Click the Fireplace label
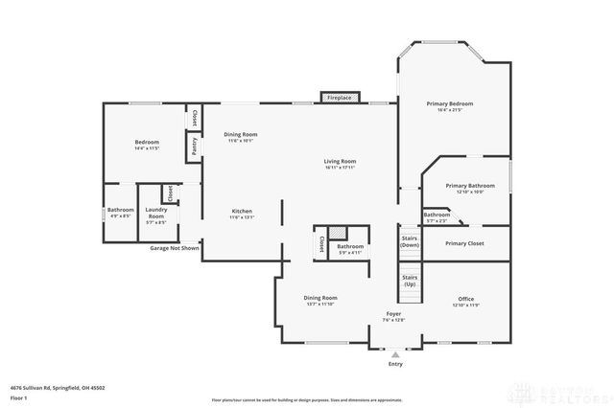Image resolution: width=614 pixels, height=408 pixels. [x=339, y=98]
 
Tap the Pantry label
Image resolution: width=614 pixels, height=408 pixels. [x=195, y=147]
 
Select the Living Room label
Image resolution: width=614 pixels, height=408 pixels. [x=340, y=161]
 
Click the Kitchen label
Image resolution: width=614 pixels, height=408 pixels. [x=241, y=211]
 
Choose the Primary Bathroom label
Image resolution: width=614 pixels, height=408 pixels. [x=470, y=185]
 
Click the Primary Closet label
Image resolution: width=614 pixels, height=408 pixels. [x=465, y=243]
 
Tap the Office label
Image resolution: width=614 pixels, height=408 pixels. [x=465, y=299]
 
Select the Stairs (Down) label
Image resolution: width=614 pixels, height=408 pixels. [x=410, y=242]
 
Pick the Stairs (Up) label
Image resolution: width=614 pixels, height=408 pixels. [x=410, y=281]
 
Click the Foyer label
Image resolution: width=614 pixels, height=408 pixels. [x=393, y=314]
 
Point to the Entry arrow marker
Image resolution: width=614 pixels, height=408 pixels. [x=395, y=353]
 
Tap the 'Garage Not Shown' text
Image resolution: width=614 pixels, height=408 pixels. [x=175, y=248]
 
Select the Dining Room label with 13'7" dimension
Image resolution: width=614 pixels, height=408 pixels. [x=320, y=298]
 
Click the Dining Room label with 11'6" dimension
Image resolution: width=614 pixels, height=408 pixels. [x=241, y=135]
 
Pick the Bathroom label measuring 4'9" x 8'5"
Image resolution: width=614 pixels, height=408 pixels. [x=120, y=210]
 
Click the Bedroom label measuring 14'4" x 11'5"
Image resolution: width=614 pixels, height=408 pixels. [x=147, y=143]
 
